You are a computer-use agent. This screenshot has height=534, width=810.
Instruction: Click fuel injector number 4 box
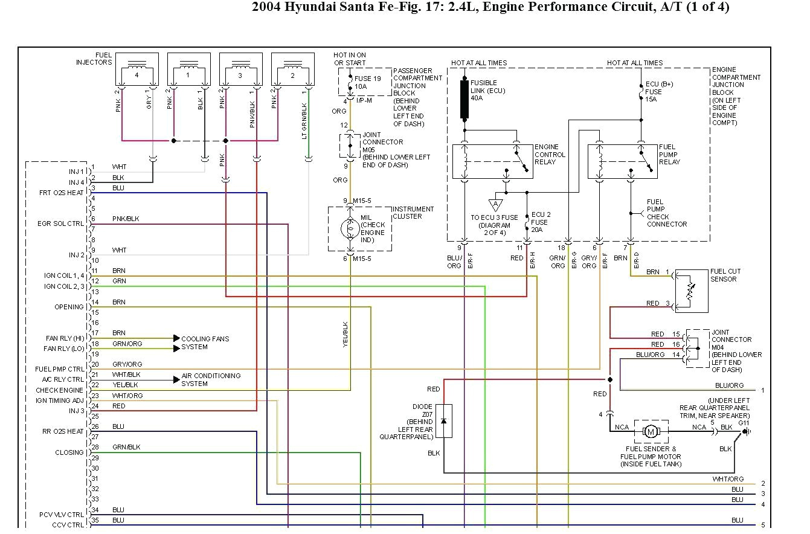137,70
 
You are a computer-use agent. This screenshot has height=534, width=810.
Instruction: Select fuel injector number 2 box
293,70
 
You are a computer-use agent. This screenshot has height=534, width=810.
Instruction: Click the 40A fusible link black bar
464,99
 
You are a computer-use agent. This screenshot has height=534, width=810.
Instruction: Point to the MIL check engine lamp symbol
350,228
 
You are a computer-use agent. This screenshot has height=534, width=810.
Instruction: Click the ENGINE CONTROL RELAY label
550,155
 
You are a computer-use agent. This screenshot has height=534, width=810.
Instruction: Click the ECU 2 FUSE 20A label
541,222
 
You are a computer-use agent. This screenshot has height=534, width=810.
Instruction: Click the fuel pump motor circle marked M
651,431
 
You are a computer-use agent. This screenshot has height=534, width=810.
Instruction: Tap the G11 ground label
744,423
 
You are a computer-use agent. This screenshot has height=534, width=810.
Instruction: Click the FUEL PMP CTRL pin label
60,369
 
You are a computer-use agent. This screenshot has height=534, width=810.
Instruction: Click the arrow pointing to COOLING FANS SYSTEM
176,338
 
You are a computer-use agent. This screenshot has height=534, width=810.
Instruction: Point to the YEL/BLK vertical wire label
346,334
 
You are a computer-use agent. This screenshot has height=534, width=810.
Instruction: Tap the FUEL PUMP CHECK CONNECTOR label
667,213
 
